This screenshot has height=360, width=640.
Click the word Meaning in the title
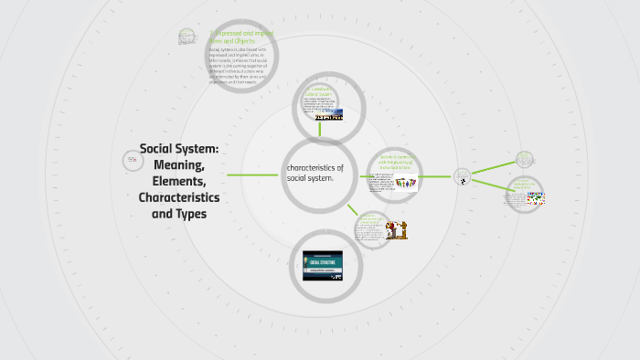click(179, 164)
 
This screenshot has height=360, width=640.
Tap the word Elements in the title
click(178, 181)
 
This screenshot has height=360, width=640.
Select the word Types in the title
click(191, 214)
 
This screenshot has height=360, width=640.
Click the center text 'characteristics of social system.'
click(315, 173)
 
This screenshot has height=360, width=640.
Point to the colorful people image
click(406, 184)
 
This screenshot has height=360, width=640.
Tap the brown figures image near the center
click(396, 230)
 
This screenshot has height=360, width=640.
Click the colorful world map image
click(535, 199)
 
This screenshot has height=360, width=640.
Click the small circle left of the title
click(133, 161)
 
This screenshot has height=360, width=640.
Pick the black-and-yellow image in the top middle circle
click(328, 117)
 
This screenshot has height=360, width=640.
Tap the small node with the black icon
click(463, 176)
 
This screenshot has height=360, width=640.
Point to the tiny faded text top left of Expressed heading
click(187, 37)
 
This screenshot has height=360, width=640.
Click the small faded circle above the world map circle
click(524, 159)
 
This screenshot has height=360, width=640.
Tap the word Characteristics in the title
click(178, 197)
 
